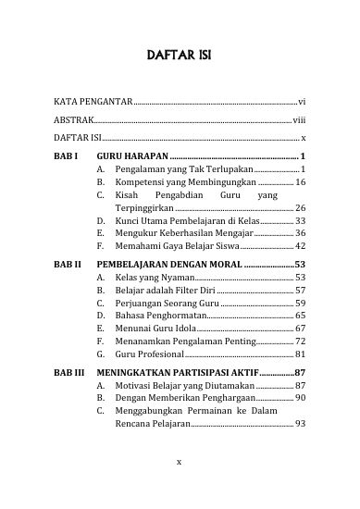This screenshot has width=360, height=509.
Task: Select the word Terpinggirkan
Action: pos(146,208)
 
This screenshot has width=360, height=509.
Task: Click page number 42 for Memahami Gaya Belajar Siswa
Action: pos(300,247)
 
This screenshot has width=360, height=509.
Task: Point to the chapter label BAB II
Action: pos(68,264)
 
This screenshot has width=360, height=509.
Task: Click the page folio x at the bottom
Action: pos(180,458)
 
